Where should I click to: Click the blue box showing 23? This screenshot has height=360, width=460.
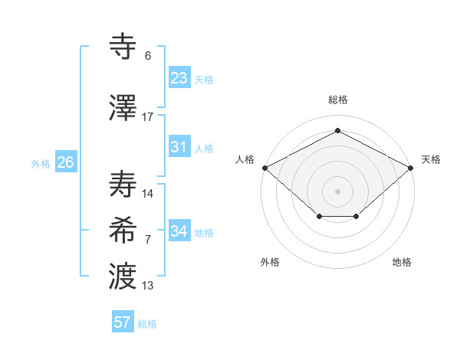click(179, 78)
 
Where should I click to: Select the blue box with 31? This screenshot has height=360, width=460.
click(179, 147)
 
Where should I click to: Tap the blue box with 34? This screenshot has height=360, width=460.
click(179, 231)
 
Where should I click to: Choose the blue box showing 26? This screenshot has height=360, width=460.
click(65, 162)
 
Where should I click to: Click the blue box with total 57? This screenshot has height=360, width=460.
click(123, 322)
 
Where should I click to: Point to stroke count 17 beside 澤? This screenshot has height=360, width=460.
click(148, 117)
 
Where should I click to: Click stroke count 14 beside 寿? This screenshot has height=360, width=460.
click(148, 194)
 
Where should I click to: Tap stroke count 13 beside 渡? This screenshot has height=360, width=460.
click(148, 286)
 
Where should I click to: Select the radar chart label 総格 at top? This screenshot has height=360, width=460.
click(337, 100)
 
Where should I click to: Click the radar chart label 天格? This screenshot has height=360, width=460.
click(431, 159)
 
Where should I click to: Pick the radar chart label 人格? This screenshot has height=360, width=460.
click(245, 159)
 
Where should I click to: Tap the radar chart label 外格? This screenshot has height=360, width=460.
click(270, 262)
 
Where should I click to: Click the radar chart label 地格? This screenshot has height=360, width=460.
click(402, 262)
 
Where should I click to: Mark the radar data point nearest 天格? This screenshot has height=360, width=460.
click(412, 167)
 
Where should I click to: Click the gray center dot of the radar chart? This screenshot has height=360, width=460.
click(337, 191)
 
